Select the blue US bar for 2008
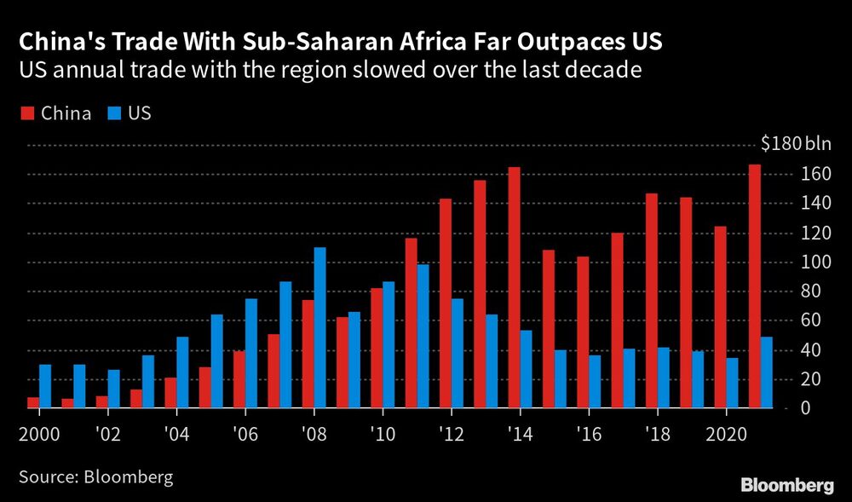(320, 328)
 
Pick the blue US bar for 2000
(45, 387)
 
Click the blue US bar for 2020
(733, 384)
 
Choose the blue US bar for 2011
(423, 337)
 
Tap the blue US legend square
(113, 113)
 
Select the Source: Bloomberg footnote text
(95, 476)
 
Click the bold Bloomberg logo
(787, 486)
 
